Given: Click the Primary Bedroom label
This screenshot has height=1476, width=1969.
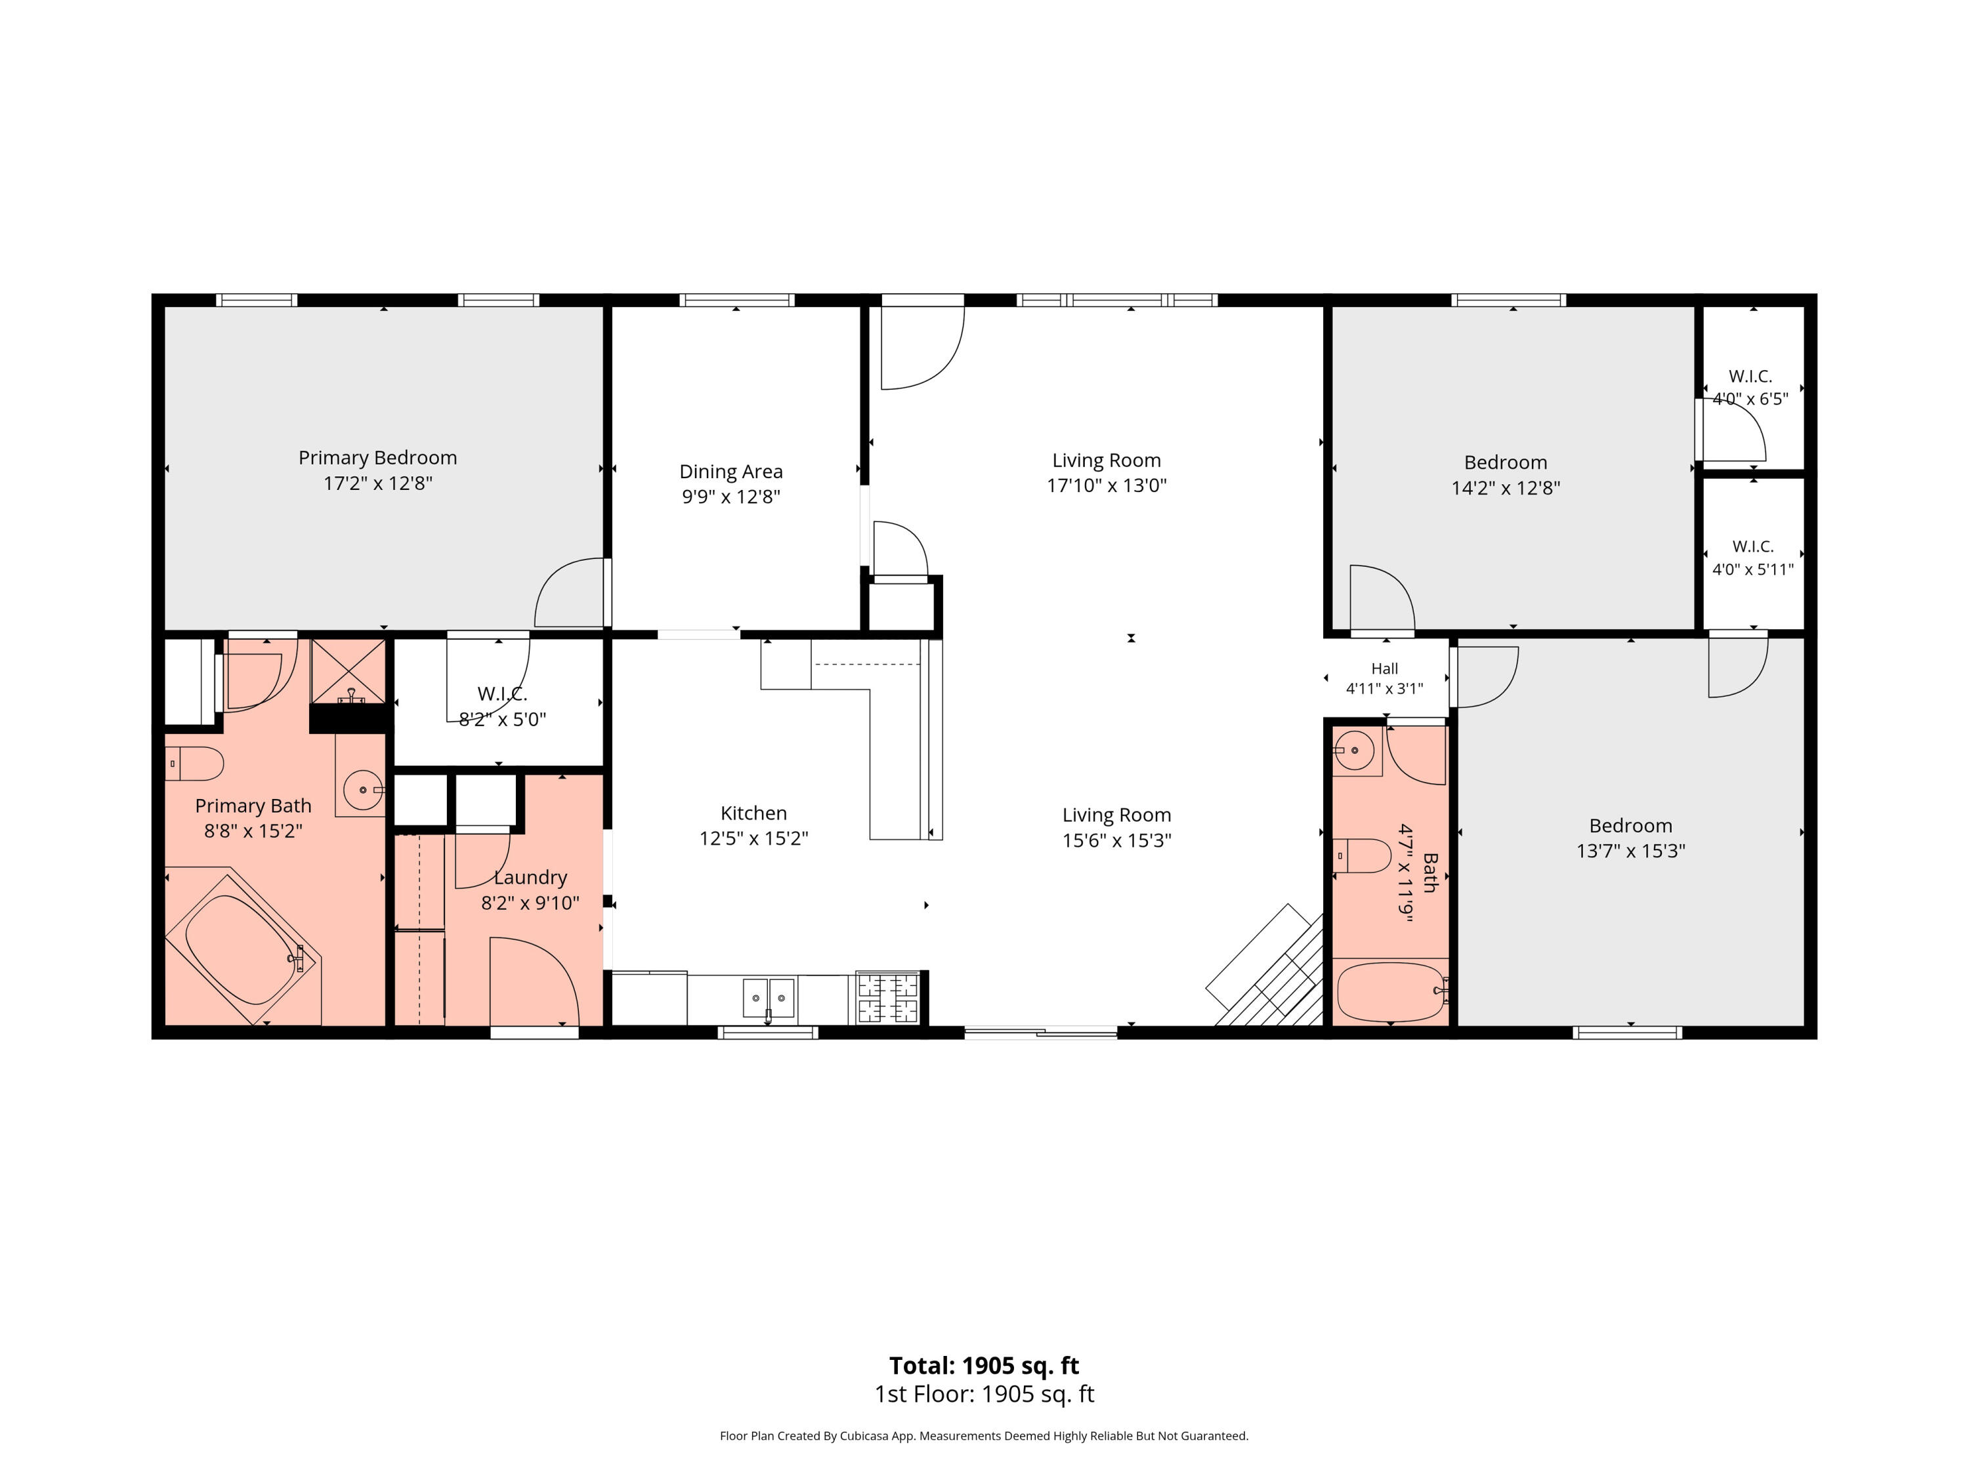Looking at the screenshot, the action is pos(377,457).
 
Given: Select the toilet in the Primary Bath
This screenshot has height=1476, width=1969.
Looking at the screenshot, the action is pos(194,764).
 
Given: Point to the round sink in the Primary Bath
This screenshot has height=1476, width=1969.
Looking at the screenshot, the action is pos(363,789).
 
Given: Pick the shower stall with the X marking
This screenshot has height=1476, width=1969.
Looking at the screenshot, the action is pos(348,671).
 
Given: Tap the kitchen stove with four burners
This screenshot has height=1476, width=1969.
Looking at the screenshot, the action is pos(887,997).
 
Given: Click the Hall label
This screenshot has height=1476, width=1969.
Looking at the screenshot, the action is pos(1384,668).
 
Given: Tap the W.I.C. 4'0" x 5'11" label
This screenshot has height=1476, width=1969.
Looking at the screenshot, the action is pos(1752,558).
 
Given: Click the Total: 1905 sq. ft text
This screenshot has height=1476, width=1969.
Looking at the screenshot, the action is pos(984,1366).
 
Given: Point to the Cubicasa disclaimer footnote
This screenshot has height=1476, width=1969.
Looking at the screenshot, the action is pos(984,1436).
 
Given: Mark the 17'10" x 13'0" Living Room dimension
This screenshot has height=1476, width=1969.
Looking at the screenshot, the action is pos(1107,485).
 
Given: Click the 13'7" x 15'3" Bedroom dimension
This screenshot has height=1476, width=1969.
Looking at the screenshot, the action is pos(1631,851).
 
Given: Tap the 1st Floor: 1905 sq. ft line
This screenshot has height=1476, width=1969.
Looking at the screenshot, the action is pos(984,1394).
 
